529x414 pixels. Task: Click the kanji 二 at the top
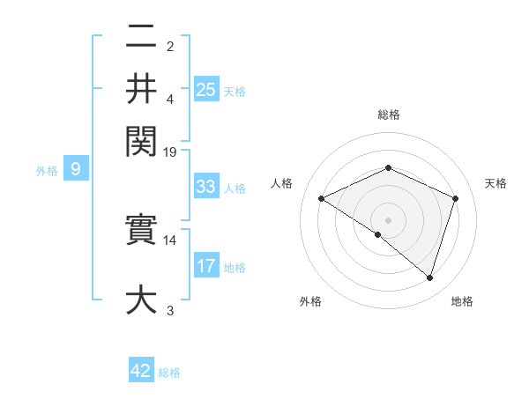141,38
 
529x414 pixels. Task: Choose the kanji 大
141,299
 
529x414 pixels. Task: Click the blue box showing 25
206,89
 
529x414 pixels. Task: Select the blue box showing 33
206,187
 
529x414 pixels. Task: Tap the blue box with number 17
206,266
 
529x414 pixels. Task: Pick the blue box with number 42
141,371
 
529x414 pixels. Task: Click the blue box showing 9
75,170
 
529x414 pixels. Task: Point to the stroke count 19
170,152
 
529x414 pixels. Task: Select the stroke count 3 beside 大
170,310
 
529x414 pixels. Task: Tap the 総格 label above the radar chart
388,115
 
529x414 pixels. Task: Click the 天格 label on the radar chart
496,183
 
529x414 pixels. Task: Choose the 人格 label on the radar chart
282,183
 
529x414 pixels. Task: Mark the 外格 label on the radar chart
310,301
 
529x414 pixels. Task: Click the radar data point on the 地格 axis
429,277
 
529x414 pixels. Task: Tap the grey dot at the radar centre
388,219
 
